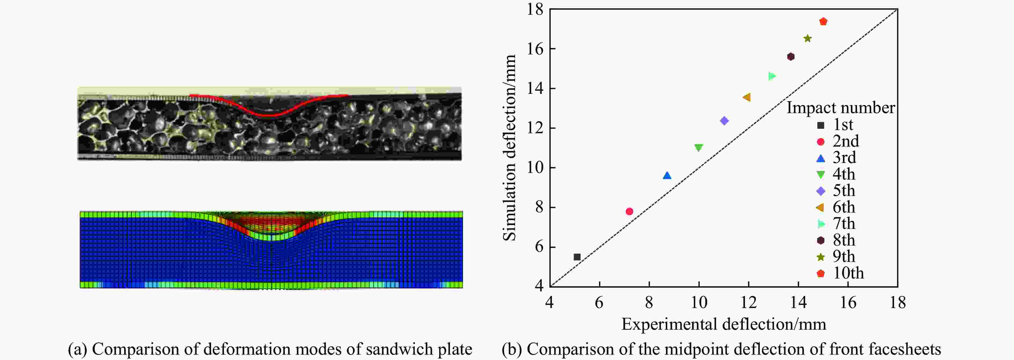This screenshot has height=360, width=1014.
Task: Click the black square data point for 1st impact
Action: [577, 257]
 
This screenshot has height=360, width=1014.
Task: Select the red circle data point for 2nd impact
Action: [629, 211]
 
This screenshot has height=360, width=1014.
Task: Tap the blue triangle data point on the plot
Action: [667, 176]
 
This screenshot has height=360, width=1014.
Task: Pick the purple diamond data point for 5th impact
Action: [724, 121]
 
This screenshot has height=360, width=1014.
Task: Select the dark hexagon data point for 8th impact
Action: [791, 57]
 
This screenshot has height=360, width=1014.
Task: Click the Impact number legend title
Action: [840, 108]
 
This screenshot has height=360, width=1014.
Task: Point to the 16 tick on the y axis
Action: [535, 49]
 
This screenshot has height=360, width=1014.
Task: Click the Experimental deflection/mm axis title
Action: [723, 324]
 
